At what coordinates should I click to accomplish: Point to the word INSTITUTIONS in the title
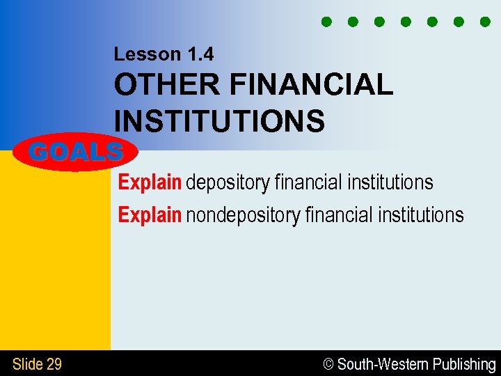point(219,121)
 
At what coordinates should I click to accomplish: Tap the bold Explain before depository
point(150,183)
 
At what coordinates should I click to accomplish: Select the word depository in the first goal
point(228,183)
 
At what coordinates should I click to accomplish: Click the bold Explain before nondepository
point(150,215)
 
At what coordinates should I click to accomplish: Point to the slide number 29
point(54,364)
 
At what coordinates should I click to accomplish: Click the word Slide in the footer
point(27,364)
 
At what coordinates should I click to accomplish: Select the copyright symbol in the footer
point(330,364)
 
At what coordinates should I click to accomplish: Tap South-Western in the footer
point(383,364)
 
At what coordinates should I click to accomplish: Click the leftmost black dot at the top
point(326,22)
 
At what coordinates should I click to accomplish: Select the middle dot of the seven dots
point(406,22)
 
